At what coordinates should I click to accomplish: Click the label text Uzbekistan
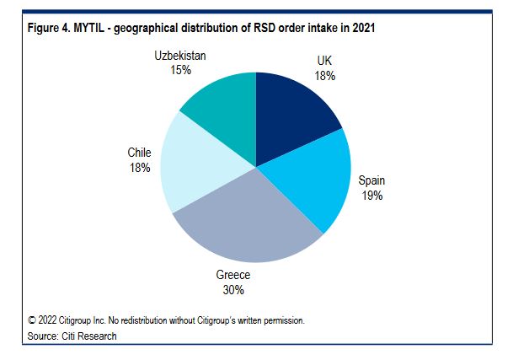pos(180,56)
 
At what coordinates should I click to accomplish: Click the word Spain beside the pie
pos(371,180)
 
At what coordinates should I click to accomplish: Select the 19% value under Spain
pos(371,195)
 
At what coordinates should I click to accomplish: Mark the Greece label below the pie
pos(232,276)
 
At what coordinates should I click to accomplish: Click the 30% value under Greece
pos(232,290)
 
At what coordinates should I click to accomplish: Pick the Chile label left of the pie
pos(140,153)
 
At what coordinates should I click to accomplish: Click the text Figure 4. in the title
pos(49,29)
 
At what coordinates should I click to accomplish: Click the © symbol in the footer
pos(32,320)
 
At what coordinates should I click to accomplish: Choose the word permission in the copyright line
pos(278,320)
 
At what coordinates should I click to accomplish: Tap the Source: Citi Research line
pos(72,336)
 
